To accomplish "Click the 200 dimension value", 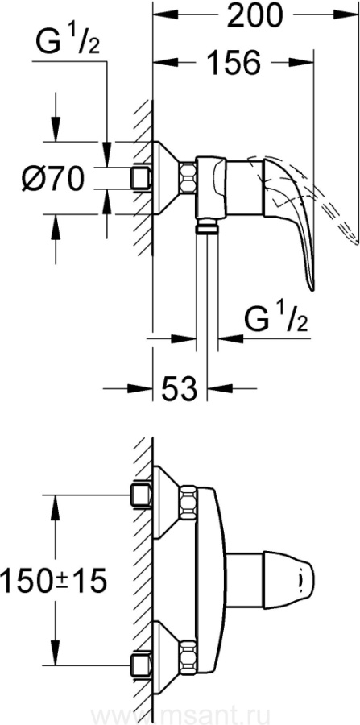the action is [x=255, y=17].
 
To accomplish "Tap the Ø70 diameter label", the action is [x=54, y=179].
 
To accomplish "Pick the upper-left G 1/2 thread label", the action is [x=68, y=40].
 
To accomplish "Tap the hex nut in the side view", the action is [x=188, y=177].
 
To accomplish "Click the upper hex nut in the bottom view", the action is [x=188, y=501].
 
